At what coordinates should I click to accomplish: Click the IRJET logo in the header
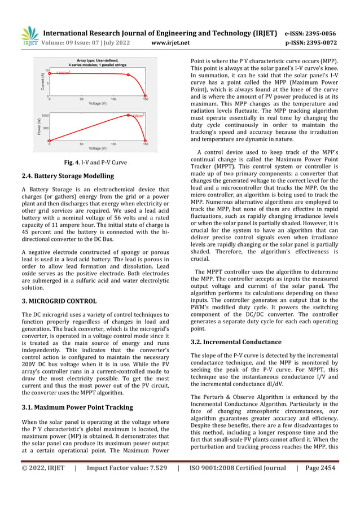click(x=29, y=36)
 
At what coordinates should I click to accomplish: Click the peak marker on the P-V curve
click(x=129, y=116)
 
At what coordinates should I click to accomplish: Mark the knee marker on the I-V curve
click(x=129, y=75)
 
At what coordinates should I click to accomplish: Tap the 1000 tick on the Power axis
click(x=45, y=115)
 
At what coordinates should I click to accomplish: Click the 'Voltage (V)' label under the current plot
click(x=98, y=103)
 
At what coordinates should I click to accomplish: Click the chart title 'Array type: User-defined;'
click(x=97, y=60)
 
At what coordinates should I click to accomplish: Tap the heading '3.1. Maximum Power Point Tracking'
click(x=77, y=407)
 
